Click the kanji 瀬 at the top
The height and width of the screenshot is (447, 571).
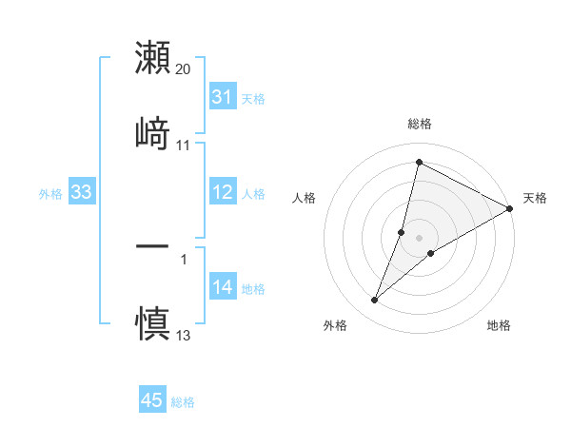[x=152, y=58]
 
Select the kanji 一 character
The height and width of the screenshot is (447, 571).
[x=152, y=246]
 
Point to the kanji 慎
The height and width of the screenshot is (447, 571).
[x=152, y=321]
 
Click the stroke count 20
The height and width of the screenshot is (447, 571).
[x=184, y=69]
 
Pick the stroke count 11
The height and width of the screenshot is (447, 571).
[x=184, y=146]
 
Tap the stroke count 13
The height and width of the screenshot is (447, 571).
[x=184, y=334]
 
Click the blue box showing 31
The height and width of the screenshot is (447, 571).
[x=223, y=97]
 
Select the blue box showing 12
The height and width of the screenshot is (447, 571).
[x=223, y=193]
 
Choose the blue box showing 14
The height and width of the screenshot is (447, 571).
[x=223, y=287]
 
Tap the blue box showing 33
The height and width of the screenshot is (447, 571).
[x=82, y=193]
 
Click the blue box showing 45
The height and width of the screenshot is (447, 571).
[x=152, y=400]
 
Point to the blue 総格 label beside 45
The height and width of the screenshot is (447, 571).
[x=183, y=402]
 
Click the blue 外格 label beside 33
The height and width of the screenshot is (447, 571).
[x=50, y=194]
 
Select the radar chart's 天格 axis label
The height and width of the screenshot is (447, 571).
[x=535, y=198]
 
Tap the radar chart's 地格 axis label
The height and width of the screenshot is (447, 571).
[x=499, y=325]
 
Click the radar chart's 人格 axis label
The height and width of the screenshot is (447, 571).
[x=305, y=198]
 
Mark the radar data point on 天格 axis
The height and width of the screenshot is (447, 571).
[x=510, y=209]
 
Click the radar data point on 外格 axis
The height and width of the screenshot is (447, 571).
[x=375, y=301]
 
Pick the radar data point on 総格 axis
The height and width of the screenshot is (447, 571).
[x=418, y=162]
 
